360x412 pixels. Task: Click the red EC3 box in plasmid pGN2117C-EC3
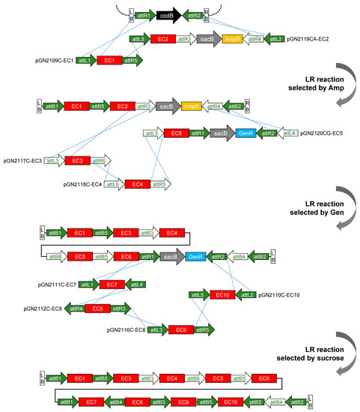[x=76, y=160]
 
